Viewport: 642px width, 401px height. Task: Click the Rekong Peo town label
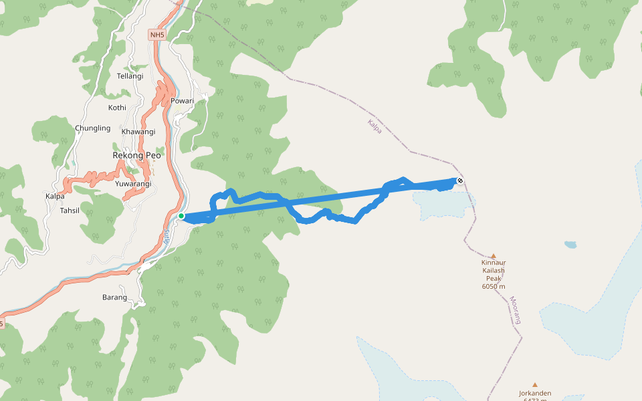click(136, 155)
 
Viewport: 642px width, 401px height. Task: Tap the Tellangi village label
click(130, 76)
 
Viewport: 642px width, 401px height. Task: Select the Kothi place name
click(117, 108)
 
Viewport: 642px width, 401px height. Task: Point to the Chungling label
click(93, 128)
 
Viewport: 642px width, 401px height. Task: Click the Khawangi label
click(138, 132)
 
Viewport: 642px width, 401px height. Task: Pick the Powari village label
click(182, 101)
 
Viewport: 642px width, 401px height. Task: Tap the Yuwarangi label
click(133, 184)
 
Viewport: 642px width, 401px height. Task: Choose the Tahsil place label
click(70, 210)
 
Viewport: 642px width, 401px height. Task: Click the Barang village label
click(114, 297)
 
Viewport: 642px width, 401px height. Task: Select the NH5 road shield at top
click(157, 34)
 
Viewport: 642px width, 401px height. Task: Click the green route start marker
click(181, 216)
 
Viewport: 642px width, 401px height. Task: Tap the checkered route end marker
click(460, 180)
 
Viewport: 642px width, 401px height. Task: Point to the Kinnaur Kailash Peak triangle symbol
click(494, 256)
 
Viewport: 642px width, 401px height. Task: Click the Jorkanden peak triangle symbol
click(534, 385)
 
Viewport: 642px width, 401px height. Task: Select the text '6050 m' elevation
click(494, 287)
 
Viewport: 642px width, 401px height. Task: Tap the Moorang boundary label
click(515, 310)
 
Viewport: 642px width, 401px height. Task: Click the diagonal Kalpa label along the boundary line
click(374, 126)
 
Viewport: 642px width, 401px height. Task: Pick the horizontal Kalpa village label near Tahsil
click(55, 196)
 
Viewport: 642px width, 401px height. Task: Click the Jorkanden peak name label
click(534, 393)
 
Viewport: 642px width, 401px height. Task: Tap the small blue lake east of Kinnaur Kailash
click(570, 245)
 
